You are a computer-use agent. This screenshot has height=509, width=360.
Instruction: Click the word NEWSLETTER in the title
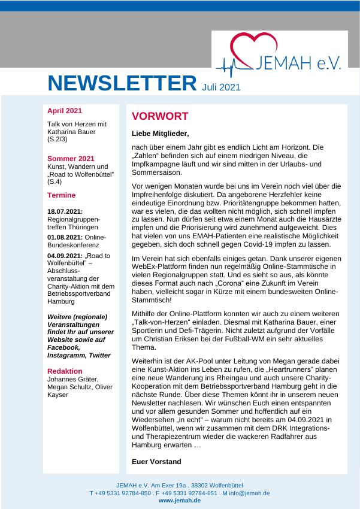point(122,83)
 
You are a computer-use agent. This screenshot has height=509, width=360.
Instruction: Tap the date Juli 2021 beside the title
point(221,87)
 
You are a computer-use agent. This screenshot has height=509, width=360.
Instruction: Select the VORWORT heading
point(160,116)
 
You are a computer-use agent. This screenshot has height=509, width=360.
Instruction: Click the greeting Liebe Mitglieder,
point(160,134)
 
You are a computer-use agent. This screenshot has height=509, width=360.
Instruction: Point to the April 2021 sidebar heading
point(65,111)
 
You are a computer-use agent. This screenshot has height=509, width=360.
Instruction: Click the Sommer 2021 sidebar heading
point(71,159)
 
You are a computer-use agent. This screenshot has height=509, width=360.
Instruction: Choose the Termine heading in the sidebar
point(62,195)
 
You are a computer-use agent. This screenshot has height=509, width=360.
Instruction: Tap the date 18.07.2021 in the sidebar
point(65,211)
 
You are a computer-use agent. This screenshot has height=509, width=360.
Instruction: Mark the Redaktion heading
point(65,371)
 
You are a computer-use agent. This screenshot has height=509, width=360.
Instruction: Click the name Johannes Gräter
point(72,378)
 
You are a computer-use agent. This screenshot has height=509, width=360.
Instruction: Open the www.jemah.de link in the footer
point(180,500)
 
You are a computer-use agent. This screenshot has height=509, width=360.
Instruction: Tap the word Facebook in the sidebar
point(63,347)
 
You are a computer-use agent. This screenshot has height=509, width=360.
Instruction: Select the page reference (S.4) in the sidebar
point(55,181)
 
